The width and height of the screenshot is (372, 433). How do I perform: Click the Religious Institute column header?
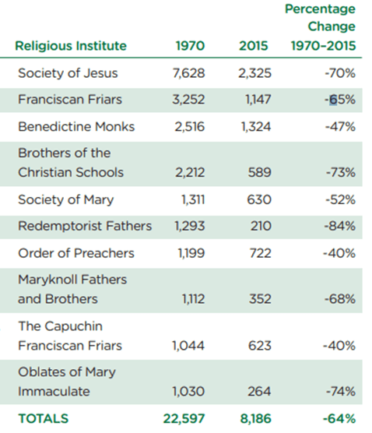tap(71, 46)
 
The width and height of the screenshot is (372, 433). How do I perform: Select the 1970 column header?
tap(191, 46)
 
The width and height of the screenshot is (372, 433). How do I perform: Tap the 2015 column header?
tap(254, 46)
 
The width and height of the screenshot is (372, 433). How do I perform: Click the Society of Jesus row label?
tap(68, 73)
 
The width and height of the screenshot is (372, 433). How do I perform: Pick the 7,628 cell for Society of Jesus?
tap(189, 73)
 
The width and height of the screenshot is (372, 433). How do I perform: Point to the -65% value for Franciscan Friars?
tap(340, 100)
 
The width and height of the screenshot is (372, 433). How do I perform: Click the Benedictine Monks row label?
tap(76, 127)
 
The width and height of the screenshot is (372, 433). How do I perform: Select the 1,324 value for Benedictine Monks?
tap(256, 127)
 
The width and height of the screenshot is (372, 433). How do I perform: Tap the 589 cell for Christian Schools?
tap(259, 173)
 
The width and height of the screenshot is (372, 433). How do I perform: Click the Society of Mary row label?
tap(66, 199)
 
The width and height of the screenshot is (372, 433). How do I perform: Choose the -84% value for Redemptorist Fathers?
tap(340, 226)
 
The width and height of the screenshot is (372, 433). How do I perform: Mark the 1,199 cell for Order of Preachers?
tap(191, 253)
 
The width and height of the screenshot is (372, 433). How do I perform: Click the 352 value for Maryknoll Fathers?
tap(260, 299)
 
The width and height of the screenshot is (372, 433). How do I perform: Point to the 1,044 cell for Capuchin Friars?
tap(188, 346)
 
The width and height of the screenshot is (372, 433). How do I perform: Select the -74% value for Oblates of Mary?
tap(341, 392)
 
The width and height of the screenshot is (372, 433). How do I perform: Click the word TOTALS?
tap(44, 419)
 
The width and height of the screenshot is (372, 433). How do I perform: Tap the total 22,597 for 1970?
tap(184, 419)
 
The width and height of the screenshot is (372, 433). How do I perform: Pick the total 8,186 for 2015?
tap(255, 419)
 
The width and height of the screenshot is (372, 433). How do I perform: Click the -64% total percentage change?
tap(339, 419)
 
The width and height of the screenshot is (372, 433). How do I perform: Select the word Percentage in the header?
tap(320, 9)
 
